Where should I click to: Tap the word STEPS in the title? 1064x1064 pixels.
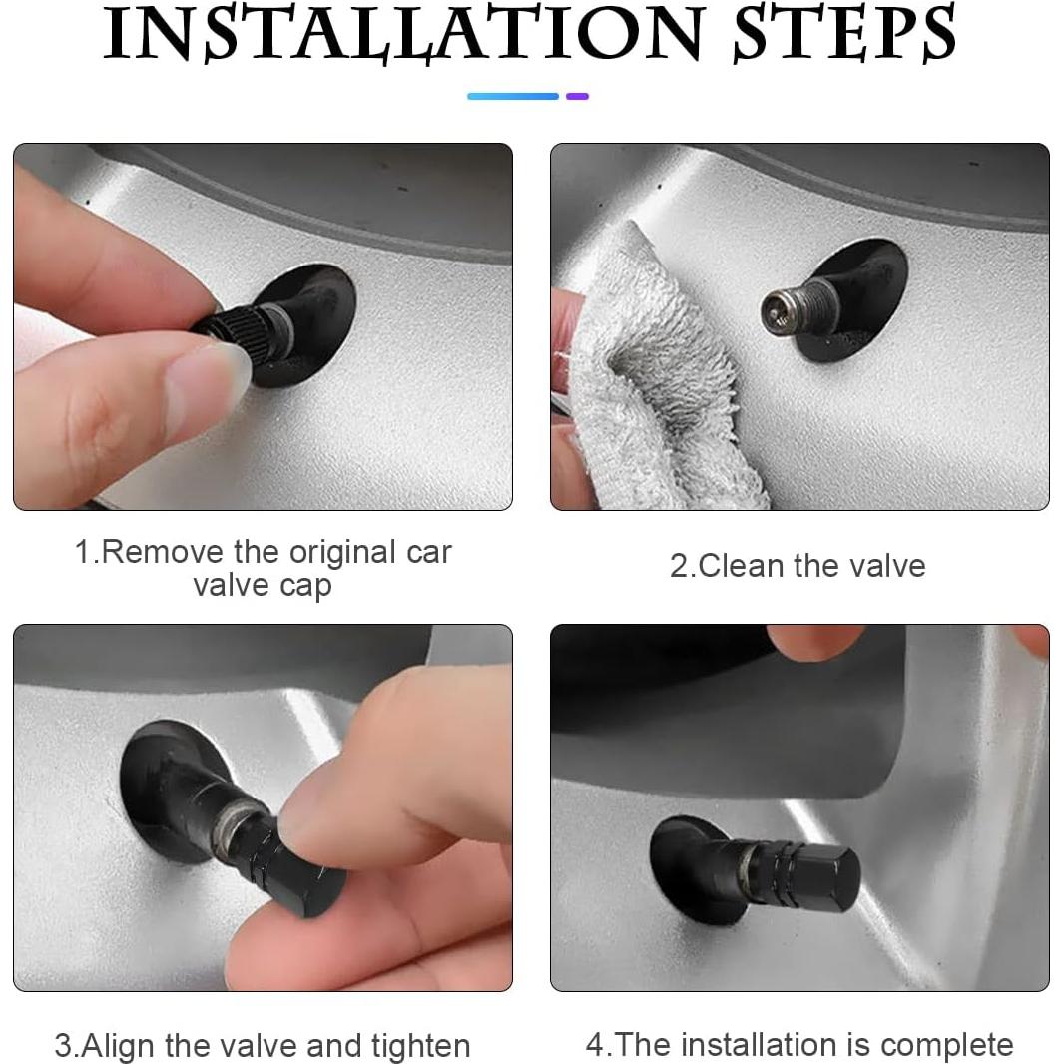845,34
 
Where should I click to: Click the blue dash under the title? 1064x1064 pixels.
513,97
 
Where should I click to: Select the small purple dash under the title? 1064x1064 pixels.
578,97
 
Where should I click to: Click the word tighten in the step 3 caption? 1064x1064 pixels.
421,1046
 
